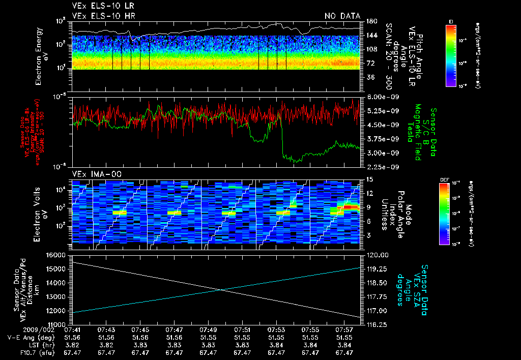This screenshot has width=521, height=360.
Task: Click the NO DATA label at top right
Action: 342,16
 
